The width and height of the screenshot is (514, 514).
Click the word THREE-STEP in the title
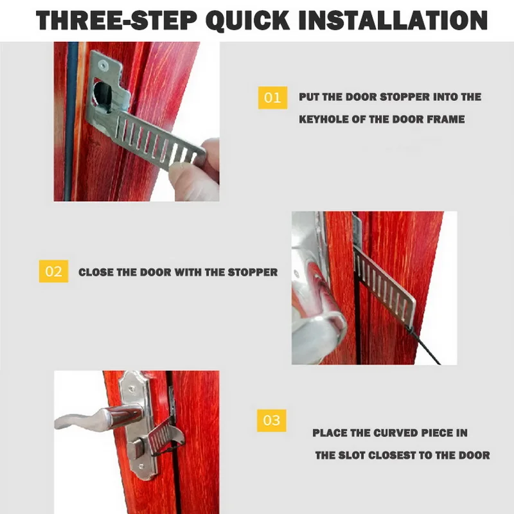116,21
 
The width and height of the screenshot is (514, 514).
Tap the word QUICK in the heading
247,21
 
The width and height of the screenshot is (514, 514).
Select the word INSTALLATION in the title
393,21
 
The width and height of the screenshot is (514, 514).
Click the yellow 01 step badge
272,98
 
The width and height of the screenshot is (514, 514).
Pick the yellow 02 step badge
53,271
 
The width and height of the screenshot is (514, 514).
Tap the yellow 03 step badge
271,421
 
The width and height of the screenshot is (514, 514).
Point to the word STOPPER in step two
253,272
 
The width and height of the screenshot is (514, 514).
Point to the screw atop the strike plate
105,65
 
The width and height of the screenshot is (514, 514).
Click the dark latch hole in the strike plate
102,95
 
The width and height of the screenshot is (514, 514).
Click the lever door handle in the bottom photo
98,419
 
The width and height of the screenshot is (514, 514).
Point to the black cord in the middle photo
424,345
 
